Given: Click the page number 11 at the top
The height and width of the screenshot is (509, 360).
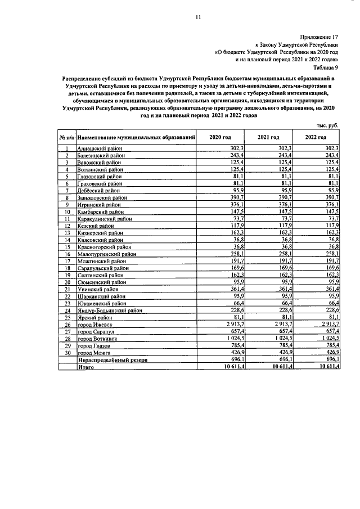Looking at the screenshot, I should coord(197,18).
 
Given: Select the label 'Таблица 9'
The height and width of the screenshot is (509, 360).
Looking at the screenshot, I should coord(326,66).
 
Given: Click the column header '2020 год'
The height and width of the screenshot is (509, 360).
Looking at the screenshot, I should coord(220,137).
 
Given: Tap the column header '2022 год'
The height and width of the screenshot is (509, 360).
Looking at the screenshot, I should coord(316,137).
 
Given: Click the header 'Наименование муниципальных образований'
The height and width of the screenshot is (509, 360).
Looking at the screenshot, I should coord(137,137).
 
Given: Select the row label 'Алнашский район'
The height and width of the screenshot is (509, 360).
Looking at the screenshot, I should coord(100,148).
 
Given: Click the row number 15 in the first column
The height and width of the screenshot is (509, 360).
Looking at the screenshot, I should coord(66,247).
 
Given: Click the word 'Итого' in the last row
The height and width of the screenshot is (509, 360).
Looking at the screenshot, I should coord(87,367).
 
